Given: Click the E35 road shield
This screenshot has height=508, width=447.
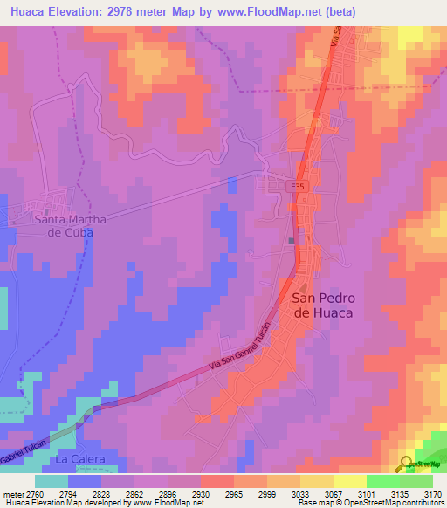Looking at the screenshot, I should [298, 186].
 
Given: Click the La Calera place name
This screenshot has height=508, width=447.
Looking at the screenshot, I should [80, 459].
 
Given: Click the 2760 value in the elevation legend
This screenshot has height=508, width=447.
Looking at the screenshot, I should [31, 493].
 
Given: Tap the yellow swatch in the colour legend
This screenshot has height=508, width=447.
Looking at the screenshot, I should [348, 480].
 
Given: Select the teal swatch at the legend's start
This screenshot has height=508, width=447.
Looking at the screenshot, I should [51, 480].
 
